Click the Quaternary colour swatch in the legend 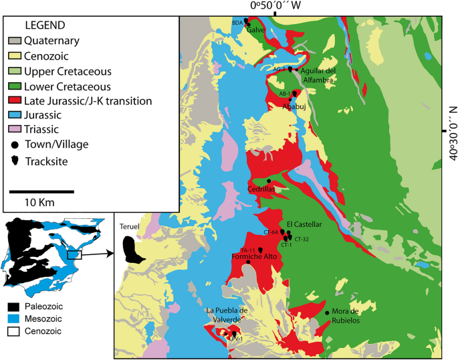(x=14, y=41)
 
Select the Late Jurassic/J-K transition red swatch (x=14, y=101)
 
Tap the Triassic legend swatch (x=14, y=130)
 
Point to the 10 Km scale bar (x=41, y=191)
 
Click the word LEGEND (x=45, y=25)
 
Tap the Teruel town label (x=129, y=226)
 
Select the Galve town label (x=256, y=31)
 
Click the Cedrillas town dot (x=269, y=181)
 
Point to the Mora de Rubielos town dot (x=327, y=312)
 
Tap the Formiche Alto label (x=251, y=256)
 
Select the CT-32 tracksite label (x=301, y=239)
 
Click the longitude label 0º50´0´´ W (x=275, y=5)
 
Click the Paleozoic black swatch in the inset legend (x=14, y=306)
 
